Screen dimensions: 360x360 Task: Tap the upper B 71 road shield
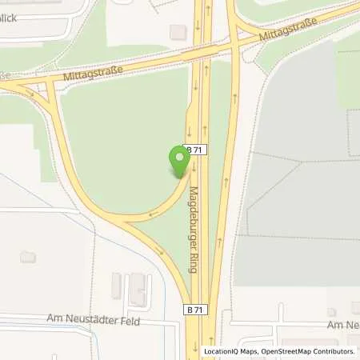pos(194,150)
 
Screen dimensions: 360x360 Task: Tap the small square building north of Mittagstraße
pos(178,31)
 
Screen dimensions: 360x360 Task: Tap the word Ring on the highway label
pos(194,260)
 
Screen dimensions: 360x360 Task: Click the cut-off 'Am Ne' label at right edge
pos(343,326)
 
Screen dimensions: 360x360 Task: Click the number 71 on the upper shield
pos(197,150)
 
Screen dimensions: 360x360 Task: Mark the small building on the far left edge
pos(28,257)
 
